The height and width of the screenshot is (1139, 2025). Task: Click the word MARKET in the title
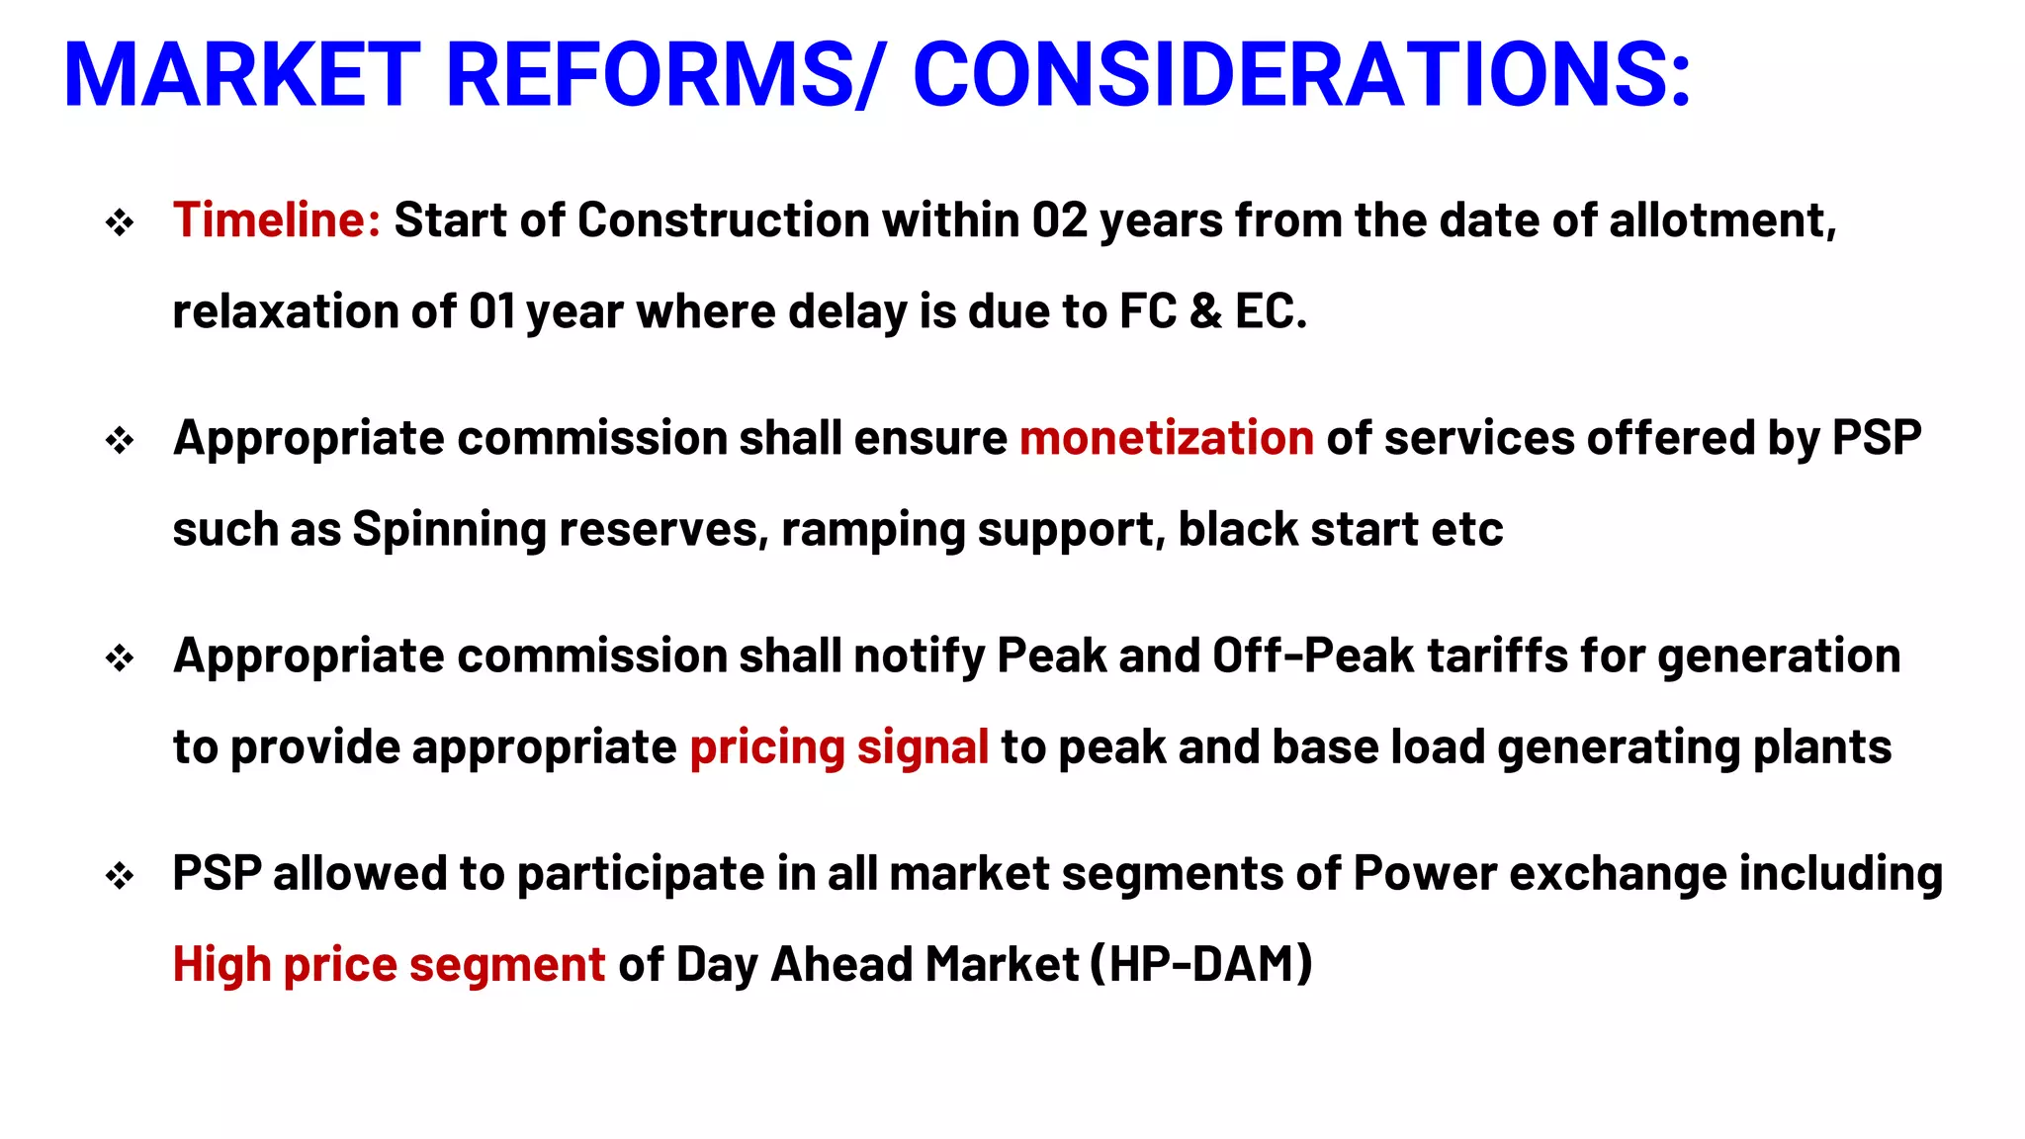coord(242,75)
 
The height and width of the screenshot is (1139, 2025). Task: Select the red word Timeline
coord(276,219)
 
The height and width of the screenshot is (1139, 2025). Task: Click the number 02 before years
coord(1060,219)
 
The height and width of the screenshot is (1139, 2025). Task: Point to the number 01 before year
coord(492,311)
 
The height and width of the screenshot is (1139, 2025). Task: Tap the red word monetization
coord(1167,438)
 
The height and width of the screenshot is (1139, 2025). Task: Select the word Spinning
coord(449,530)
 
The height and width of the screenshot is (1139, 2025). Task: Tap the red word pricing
coord(766,747)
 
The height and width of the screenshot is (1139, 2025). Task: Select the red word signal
coord(923,747)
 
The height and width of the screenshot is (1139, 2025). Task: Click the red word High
coord(221,964)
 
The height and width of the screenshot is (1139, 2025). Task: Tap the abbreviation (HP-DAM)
coord(1200,964)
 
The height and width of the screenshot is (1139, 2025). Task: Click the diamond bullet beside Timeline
coord(120,222)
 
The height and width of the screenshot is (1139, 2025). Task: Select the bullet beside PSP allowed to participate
coord(120,876)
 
